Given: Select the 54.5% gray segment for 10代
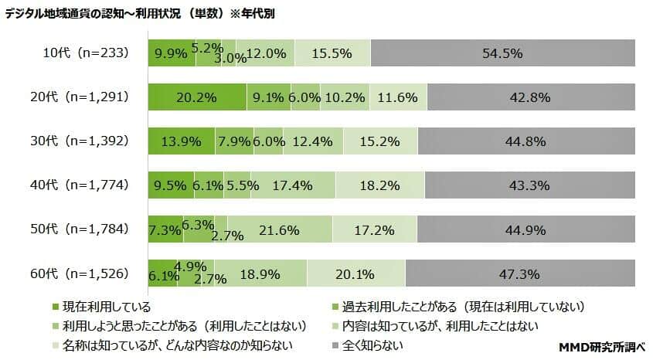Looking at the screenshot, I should click(502, 54).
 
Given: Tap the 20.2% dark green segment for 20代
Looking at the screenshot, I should click(197, 98).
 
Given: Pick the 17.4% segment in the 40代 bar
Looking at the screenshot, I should click(294, 186).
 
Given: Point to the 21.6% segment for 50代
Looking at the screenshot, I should click(280, 230).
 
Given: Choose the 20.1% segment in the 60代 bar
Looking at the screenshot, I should click(356, 274).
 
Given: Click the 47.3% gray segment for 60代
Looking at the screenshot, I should click(520, 274).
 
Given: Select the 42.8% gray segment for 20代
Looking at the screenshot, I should click(530, 98).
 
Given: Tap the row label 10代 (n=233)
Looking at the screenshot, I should click(85, 53).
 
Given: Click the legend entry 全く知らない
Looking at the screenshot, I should click(375, 345).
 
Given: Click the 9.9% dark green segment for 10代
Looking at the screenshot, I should click(172, 54).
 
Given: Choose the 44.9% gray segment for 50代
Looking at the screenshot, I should click(525, 230).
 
